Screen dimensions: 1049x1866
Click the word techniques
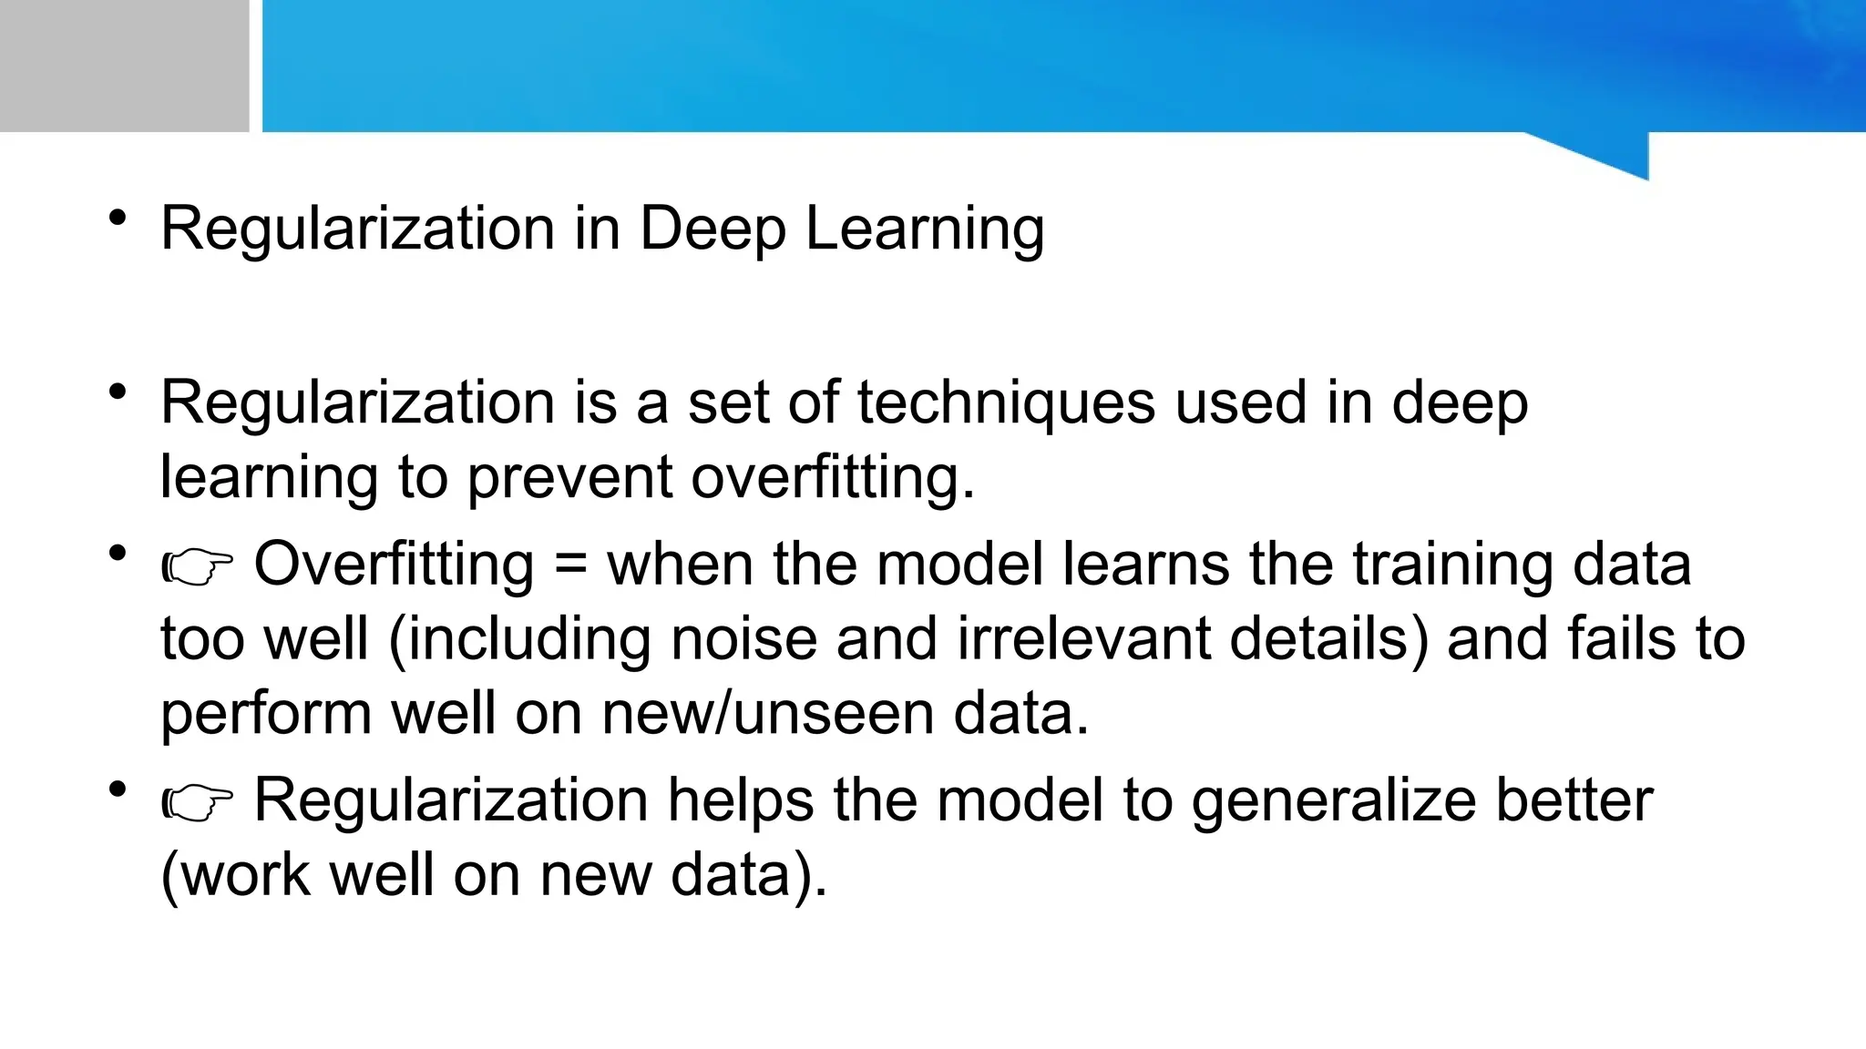(1006, 403)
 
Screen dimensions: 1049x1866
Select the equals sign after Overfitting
(570, 564)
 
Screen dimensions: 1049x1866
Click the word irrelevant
(1083, 638)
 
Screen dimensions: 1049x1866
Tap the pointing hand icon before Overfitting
(197, 566)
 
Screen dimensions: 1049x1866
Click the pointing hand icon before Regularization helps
(197, 802)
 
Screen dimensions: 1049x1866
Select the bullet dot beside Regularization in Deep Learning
(117, 219)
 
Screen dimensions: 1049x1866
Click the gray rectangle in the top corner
(124, 66)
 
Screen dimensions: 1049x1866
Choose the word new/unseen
(767, 713)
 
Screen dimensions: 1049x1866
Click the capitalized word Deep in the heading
(712, 229)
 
